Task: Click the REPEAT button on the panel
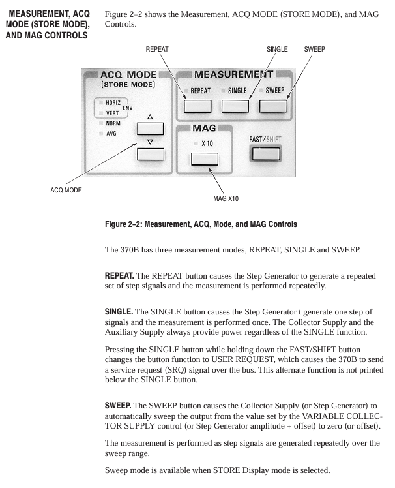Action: (x=197, y=106)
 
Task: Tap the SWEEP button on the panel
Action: (x=272, y=106)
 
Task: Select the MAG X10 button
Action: (x=204, y=159)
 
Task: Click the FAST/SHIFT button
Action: (x=265, y=154)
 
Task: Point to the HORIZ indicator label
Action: (x=113, y=103)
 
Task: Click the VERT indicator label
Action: (x=112, y=114)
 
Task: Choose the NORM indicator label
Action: (x=113, y=123)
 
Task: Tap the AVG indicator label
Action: (x=111, y=134)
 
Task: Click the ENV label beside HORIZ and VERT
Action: (x=128, y=108)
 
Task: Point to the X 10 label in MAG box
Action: (x=207, y=144)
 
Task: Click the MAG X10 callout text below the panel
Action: (x=226, y=198)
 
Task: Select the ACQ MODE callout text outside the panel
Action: (x=66, y=190)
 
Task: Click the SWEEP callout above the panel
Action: (x=314, y=49)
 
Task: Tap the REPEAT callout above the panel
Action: (x=157, y=49)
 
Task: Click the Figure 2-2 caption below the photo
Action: (x=201, y=224)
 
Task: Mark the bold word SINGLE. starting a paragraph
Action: (x=119, y=312)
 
